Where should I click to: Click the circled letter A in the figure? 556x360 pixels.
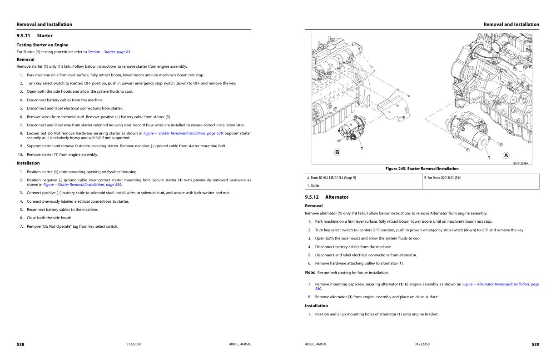(506, 155)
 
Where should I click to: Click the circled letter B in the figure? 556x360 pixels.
(337, 152)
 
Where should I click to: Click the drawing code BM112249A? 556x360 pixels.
(521, 163)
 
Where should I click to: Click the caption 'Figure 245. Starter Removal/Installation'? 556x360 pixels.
(422, 169)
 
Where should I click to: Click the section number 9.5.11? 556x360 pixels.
(24, 35)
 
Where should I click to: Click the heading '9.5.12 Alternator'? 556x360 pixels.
(327, 197)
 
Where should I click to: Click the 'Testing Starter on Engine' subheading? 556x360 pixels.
(42, 45)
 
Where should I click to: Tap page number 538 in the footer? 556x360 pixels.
(20, 345)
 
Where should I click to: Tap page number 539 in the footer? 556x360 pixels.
(536, 345)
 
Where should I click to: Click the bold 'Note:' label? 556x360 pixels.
(310, 272)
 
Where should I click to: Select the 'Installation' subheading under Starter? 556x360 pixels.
(28, 163)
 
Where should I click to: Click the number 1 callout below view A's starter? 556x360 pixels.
(489, 157)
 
